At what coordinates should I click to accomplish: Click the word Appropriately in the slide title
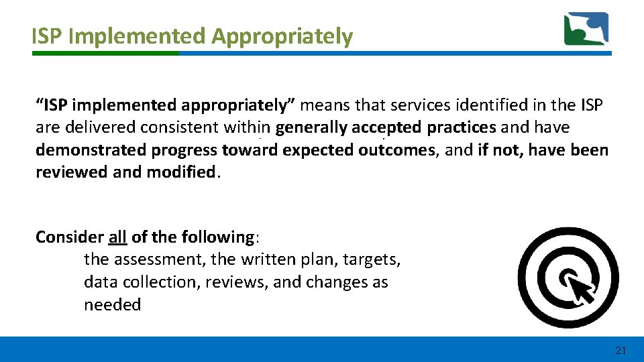[x=282, y=36]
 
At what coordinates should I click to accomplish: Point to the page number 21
[x=620, y=350]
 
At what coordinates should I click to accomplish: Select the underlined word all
[x=117, y=237]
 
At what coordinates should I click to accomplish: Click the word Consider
[x=69, y=237]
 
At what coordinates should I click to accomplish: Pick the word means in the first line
[x=326, y=105]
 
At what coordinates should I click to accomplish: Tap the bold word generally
[x=311, y=127]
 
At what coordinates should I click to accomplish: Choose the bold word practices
[x=462, y=127]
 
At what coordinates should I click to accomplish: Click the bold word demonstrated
[x=91, y=149]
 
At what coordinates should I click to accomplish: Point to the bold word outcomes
[x=396, y=149]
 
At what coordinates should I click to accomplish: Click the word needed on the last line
[x=112, y=304]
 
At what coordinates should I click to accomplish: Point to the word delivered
[x=96, y=127]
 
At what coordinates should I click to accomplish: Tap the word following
[x=219, y=237]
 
